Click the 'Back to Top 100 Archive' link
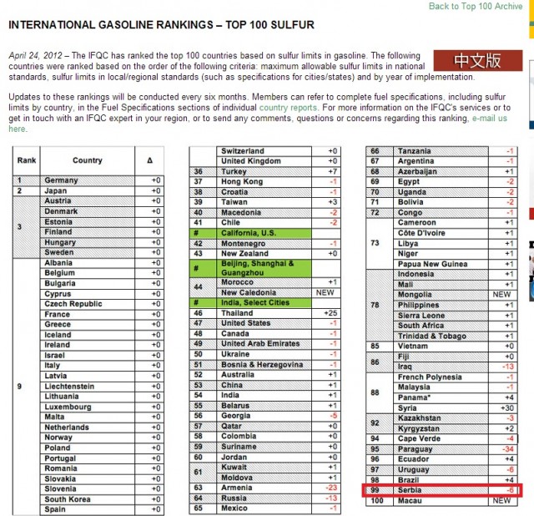(x=475, y=6)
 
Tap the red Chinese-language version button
(x=477, y=61)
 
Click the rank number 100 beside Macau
(x=375, y=501)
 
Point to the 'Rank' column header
(x=27, y=160)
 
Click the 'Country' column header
(x=87, y=160)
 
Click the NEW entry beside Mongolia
(x=501, y=295)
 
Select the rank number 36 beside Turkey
(x=199, y=171)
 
